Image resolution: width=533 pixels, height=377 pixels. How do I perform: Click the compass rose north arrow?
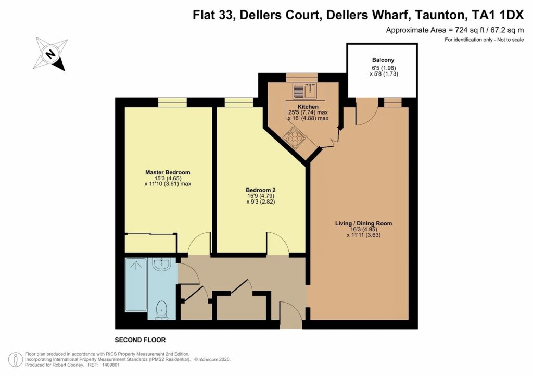(x=50, y=54)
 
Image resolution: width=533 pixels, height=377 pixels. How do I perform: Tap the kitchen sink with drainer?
(x=305, y=91)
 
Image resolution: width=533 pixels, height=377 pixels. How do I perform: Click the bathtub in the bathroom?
(x=136, y=285)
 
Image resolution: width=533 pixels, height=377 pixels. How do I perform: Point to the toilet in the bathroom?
(x=162, y=310)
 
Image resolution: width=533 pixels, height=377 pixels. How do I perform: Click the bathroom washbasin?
(x=161, y=265)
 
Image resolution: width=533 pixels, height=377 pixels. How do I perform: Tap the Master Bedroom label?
(x=168, y=172)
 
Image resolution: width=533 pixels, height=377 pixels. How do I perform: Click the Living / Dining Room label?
(x=363, y=223)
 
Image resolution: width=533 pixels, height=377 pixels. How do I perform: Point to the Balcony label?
(x=382, y=60)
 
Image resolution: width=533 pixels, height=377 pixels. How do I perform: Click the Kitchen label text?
(x=308, y=107)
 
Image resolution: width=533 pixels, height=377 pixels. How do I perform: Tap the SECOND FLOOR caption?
(x=140, y=340)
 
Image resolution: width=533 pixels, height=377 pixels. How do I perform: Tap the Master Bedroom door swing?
(x=199, y=244)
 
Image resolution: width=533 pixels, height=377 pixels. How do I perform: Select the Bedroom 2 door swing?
(x=278, y=244)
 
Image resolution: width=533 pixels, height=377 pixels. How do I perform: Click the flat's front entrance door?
(x=290, y=316)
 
